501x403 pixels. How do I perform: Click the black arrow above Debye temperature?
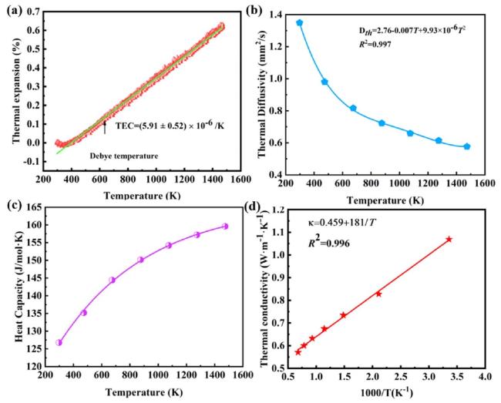point(105,127)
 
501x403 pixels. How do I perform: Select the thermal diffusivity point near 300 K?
point(299,23)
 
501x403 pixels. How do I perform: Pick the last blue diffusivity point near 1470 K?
point(467,146)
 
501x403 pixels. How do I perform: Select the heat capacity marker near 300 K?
point(59,342)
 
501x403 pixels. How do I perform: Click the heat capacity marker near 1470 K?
point(225,226)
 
